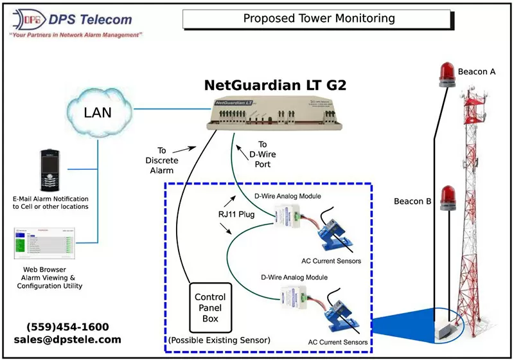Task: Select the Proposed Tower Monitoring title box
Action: pos(319,19)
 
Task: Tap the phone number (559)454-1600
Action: pos(67,327)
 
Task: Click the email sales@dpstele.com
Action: pos(67,339)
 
